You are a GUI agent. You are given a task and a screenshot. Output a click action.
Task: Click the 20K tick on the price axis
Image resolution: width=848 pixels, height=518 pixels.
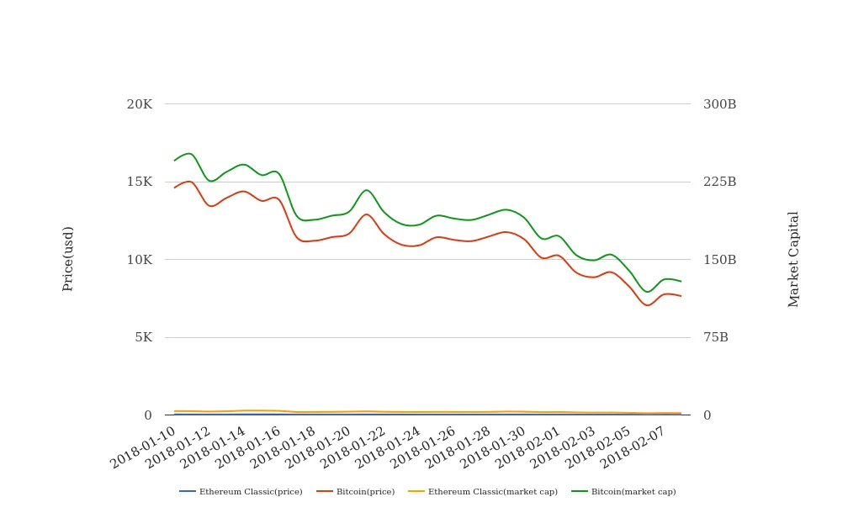tap(139, 104)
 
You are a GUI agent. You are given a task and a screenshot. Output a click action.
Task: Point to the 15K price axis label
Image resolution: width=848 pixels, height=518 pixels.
tap(139, 182)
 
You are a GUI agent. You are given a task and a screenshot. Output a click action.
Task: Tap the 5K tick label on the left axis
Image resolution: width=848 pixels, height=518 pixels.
tap(143, 337)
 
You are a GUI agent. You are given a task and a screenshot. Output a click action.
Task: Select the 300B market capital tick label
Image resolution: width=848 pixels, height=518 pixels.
tap(719, 104)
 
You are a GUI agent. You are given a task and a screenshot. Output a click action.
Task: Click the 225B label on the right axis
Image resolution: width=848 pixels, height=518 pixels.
tap(719, 182)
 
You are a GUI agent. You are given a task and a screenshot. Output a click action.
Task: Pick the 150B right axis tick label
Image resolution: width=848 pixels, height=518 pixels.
tap(719, 260)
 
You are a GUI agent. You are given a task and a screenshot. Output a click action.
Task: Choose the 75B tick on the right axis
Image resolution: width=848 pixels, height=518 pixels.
tap(716, 337)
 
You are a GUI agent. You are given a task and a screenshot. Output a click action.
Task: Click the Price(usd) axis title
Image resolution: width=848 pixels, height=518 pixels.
tap(68, 259)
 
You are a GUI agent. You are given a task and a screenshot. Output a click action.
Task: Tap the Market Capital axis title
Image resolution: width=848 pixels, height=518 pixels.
tap(793, 259)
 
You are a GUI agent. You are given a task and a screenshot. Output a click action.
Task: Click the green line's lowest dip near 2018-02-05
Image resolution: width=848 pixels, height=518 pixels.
tap(647, 292)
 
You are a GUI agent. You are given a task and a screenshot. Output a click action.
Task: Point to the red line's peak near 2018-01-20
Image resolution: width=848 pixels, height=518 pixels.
tap(366, 214)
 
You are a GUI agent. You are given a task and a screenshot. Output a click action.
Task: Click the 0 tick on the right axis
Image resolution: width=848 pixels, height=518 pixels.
tap(708, 415)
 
